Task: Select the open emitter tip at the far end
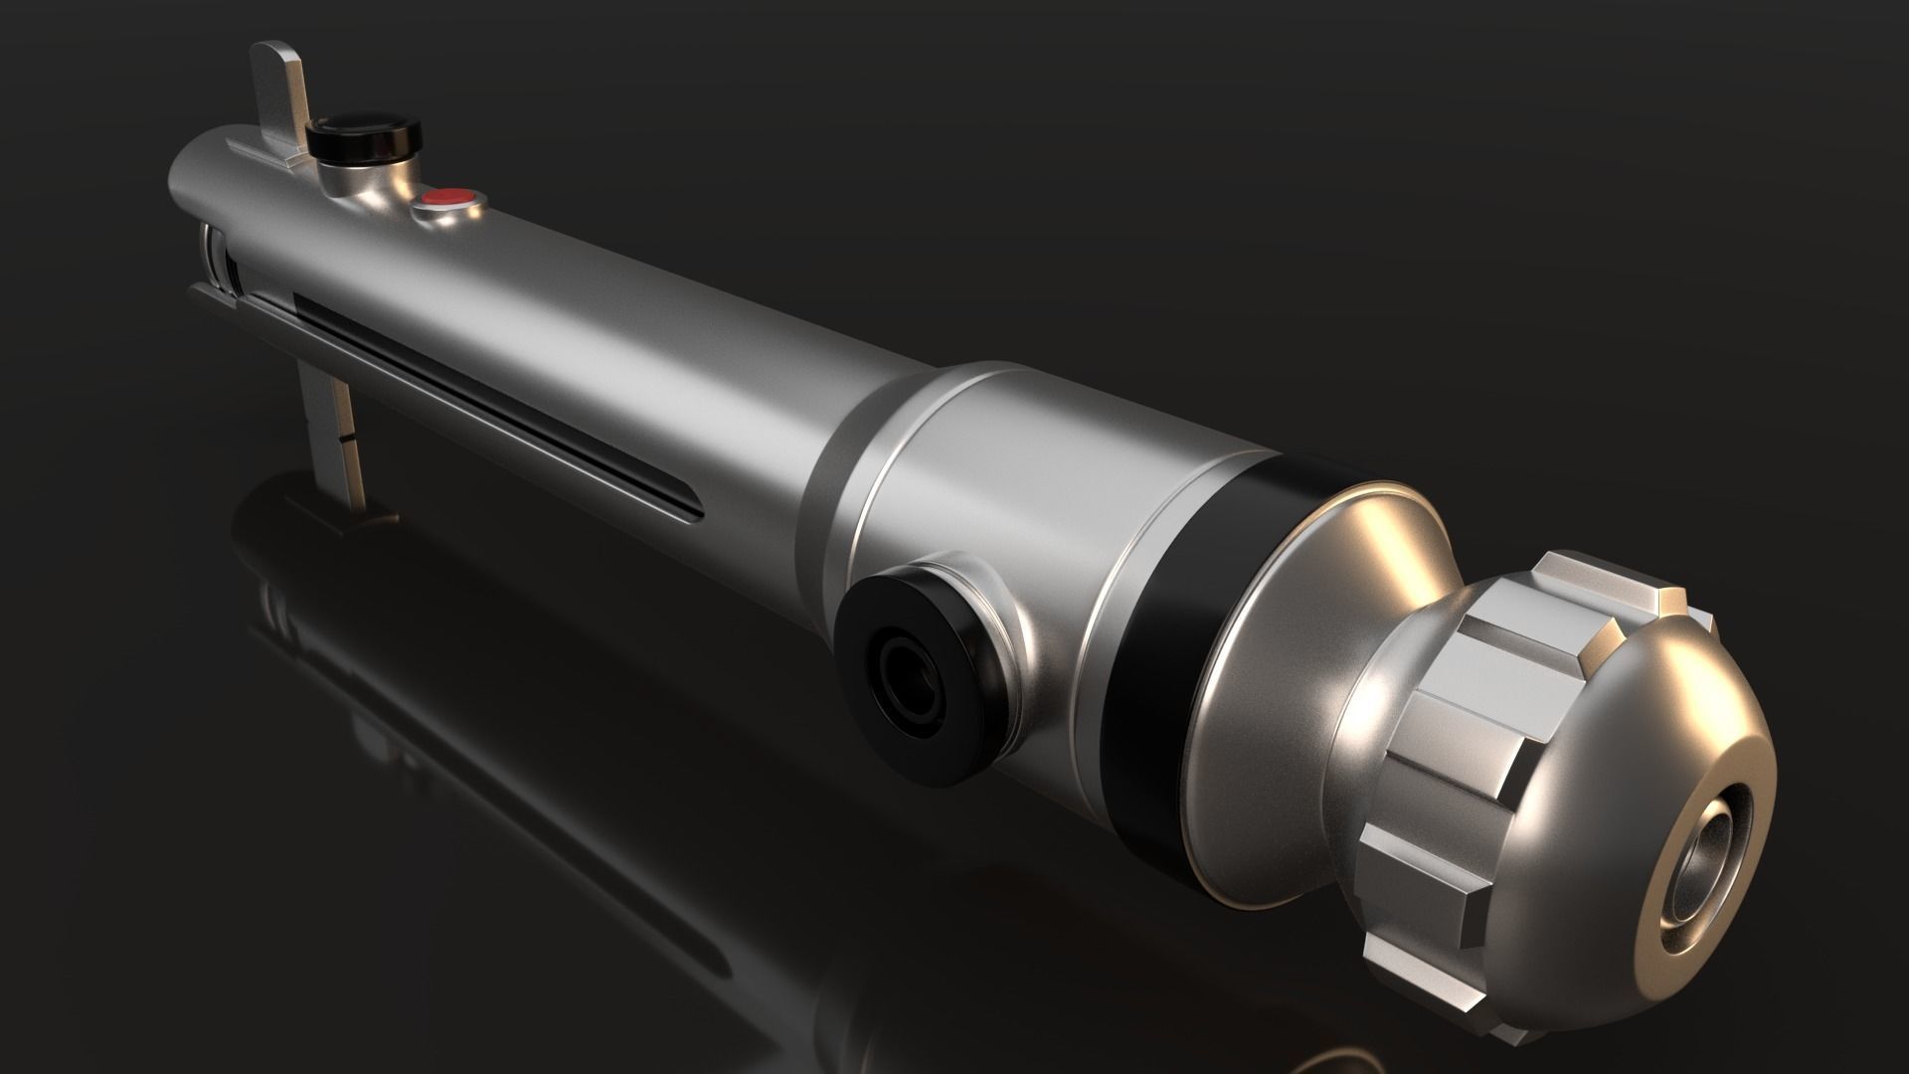pyautogui.click(x=213, y=259)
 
